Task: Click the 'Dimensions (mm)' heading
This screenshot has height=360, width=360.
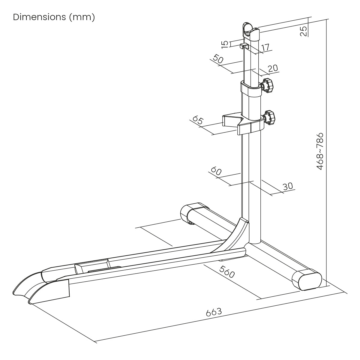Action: click(54, 17)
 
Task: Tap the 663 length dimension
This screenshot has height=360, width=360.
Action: click(214, 312)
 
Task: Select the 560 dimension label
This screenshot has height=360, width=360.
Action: click(226, 272)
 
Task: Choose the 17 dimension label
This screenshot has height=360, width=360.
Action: click(265, 47)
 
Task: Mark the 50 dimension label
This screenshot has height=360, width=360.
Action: click(217, 58)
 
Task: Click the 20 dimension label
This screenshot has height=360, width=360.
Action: click(273, 68)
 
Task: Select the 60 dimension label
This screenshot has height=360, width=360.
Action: click(216, 171)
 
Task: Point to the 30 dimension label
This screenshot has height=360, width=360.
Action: click(288, 186)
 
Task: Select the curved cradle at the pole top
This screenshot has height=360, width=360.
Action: click(251, 32)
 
